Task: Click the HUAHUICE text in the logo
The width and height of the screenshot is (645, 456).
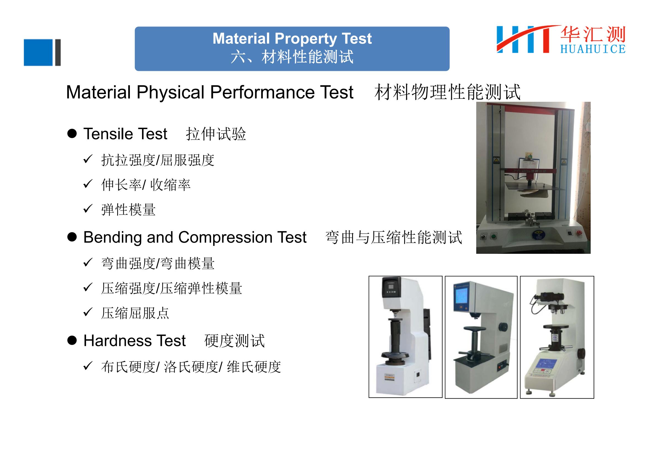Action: point(593,49)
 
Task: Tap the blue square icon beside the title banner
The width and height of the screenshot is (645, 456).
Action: point(38,52)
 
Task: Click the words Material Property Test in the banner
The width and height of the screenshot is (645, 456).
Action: point(292,39)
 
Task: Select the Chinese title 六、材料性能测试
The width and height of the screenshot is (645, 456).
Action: point(292,57)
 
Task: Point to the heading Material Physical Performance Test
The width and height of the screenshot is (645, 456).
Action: point(210,92)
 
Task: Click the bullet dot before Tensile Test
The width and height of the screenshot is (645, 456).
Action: point(72,134)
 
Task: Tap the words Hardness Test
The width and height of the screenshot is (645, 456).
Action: point(135,340)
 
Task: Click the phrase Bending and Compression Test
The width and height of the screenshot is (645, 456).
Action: point(195,237)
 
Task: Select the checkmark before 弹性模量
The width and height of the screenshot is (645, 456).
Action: point(88,209)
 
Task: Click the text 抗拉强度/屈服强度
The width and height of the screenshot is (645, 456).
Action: point(158,160)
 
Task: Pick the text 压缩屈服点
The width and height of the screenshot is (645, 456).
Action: point(135,313)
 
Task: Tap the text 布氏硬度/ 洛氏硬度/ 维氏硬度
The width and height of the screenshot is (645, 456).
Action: point(191,367)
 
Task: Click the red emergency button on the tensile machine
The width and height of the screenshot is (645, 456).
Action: point(579,233)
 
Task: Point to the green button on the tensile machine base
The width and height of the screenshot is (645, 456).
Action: point(494,236)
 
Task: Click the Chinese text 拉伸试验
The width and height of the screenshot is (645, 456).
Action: point(216,134)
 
